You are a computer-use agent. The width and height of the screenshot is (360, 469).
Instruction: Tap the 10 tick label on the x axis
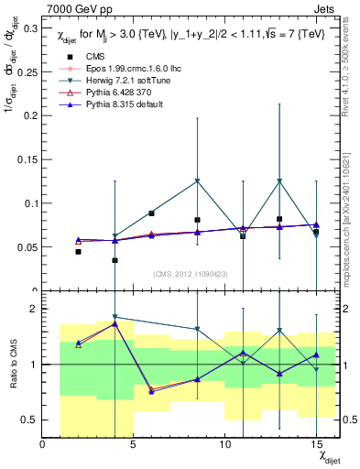tap(224, 444)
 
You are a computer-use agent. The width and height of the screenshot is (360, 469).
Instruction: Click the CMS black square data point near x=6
tap(151, 213)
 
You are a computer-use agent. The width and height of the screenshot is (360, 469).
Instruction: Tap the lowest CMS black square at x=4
tap(115, 260)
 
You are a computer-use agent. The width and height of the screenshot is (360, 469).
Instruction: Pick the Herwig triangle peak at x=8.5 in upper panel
tap(197, 181)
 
